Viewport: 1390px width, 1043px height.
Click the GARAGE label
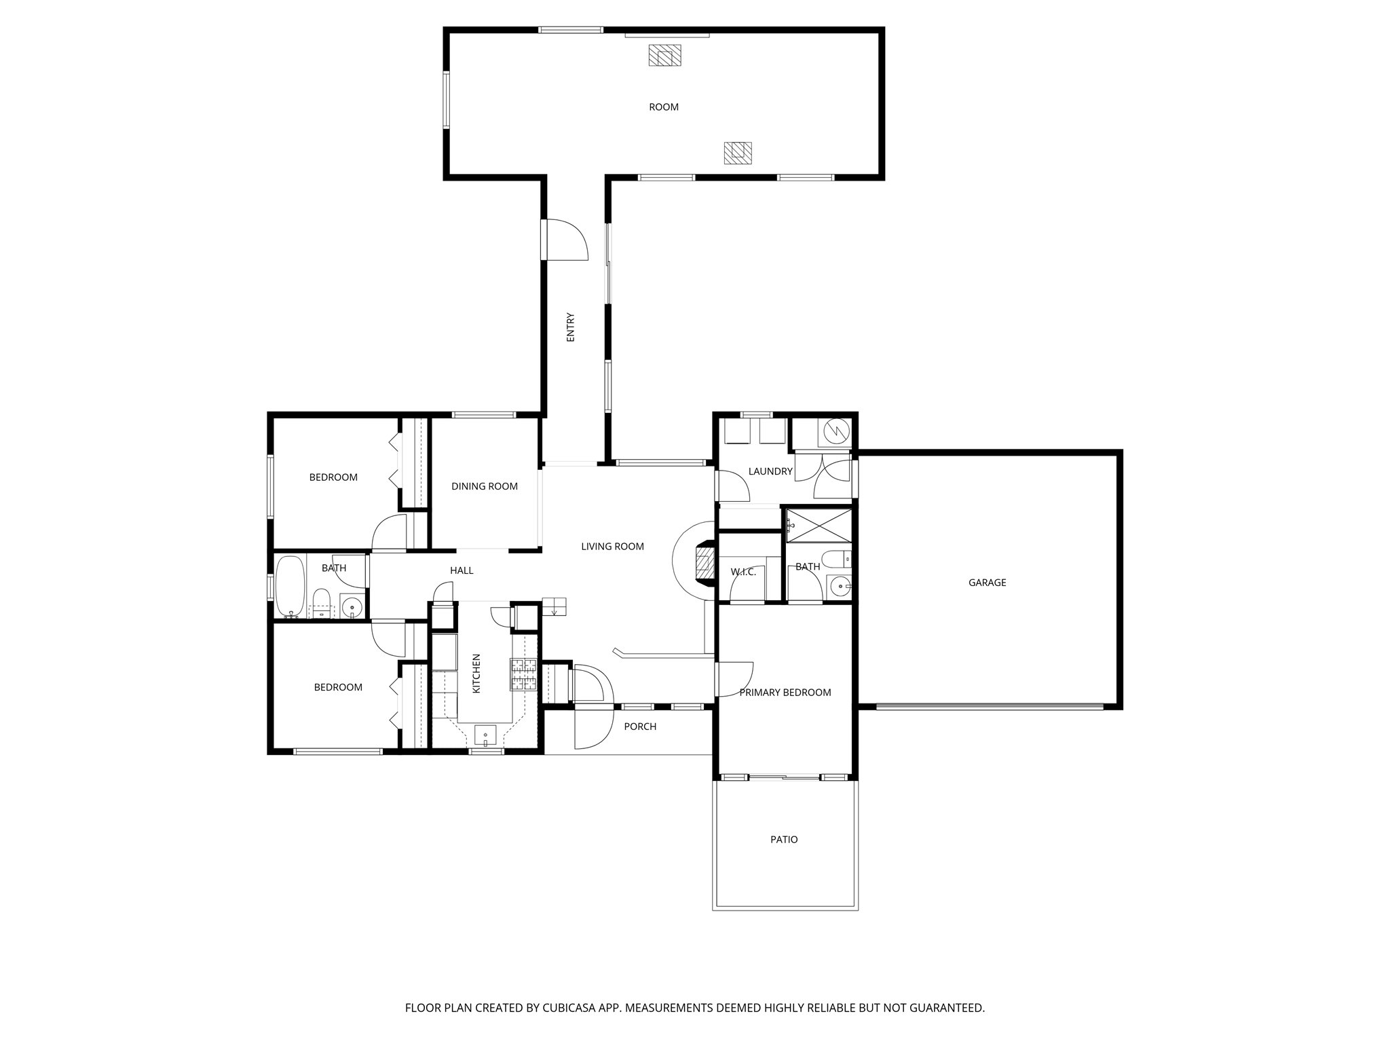pyautogui.click(x=987, y=583)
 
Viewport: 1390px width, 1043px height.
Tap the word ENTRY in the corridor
pyautogui.click(x=571, y=327)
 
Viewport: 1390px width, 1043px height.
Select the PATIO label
pyautogui.click(x=784, y=840)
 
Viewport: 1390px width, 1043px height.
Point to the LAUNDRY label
pyautogui.click(x=770, y=471)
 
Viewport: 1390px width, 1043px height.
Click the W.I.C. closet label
pyautogui.click(x=743, y=572)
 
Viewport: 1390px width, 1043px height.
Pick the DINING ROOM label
pyautogui.click(x=485, y=486)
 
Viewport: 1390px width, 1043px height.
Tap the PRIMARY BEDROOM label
pyautogui.click(x=785, y=693)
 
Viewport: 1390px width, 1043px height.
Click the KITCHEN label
pyautogui.click(x=476, y=674)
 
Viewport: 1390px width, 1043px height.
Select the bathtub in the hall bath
pyautogui.click(x=290, y=587)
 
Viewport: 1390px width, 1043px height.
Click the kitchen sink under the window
pyautogui.click(x=485, y=735)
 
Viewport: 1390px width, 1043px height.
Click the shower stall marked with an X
pyautogui.click(x=818, y=525)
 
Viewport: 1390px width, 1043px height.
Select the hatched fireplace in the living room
pyautogui.click(x=705, y=562)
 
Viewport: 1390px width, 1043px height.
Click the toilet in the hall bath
pyautogui.click(x=320, y=603)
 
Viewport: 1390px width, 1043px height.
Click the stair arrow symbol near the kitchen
pyautogui.click(x=554, y=606)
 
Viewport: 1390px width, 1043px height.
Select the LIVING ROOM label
pyautogui.click(x=612, y=547)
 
